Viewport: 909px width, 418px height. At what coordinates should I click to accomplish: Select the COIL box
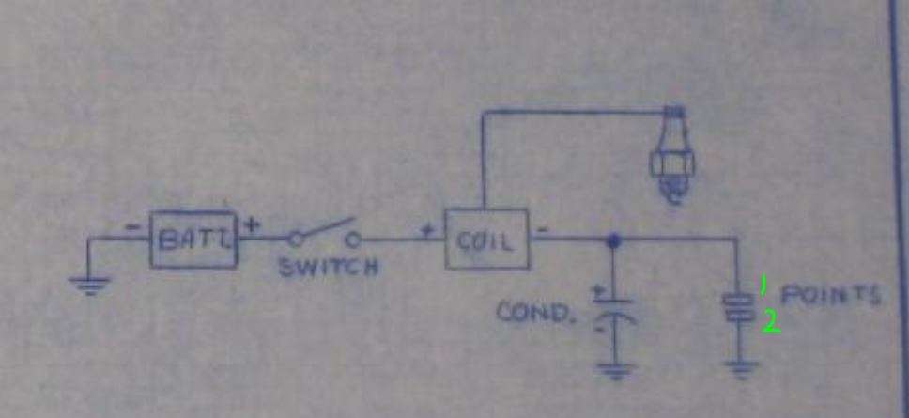coord(487,240)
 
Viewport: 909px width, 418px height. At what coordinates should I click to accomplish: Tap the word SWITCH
coord(329,268)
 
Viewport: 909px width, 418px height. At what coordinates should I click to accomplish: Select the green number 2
coord(771,323)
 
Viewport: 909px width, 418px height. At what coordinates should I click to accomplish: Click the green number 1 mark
coord(763,285)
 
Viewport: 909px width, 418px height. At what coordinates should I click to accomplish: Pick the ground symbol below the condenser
coord(615,369)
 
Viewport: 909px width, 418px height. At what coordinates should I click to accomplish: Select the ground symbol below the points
coord(741,368)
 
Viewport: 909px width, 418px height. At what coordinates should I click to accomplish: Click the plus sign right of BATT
coord(252,224)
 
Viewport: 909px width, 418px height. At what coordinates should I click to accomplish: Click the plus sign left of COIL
coord(427,230)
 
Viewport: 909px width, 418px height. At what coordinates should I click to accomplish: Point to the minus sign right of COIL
coord(542,229)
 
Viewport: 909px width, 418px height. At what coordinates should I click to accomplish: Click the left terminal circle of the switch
coord(296,239)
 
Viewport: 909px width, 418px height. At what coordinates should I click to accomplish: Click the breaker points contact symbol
coord(738,306)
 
